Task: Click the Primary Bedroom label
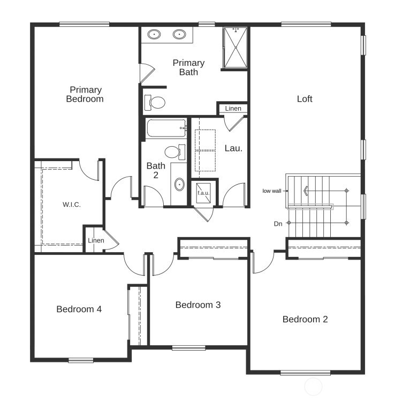(85, 94)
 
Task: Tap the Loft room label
(305, 99)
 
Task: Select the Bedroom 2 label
(305, 320)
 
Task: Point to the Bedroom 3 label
(198, 305)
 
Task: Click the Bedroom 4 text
(79, 309)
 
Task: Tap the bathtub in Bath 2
(166, 128)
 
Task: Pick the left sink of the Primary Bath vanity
(155, 35)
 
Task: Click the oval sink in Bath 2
(179, 185)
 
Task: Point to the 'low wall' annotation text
(272, 191)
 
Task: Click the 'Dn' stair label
(278, 224)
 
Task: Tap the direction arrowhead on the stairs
(306, 190)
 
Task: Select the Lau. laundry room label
(233, 148)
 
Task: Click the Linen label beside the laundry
(233, 109)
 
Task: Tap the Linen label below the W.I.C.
(96, 241)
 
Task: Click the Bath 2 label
(156, 170)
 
